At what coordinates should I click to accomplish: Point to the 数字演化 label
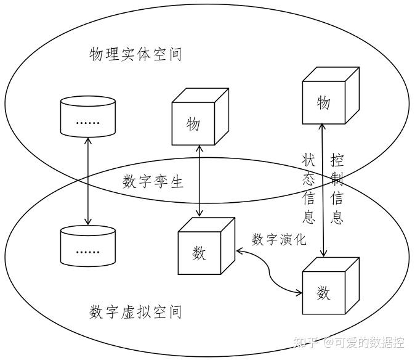[x=279, y=239]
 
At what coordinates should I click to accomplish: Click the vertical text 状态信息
[x=308, y=188]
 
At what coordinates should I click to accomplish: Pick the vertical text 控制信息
[x=337, y=188]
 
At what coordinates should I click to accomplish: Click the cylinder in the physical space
[x=87, y=117]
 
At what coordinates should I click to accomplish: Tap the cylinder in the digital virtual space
[x=87, y=247]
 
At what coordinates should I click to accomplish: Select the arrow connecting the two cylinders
[x=88, y=182]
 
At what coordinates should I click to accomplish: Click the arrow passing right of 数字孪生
[x=198, y=179]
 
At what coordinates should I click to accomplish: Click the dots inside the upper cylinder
[x=87, y=122]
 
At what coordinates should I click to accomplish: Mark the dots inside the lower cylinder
[x=87, y=252]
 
